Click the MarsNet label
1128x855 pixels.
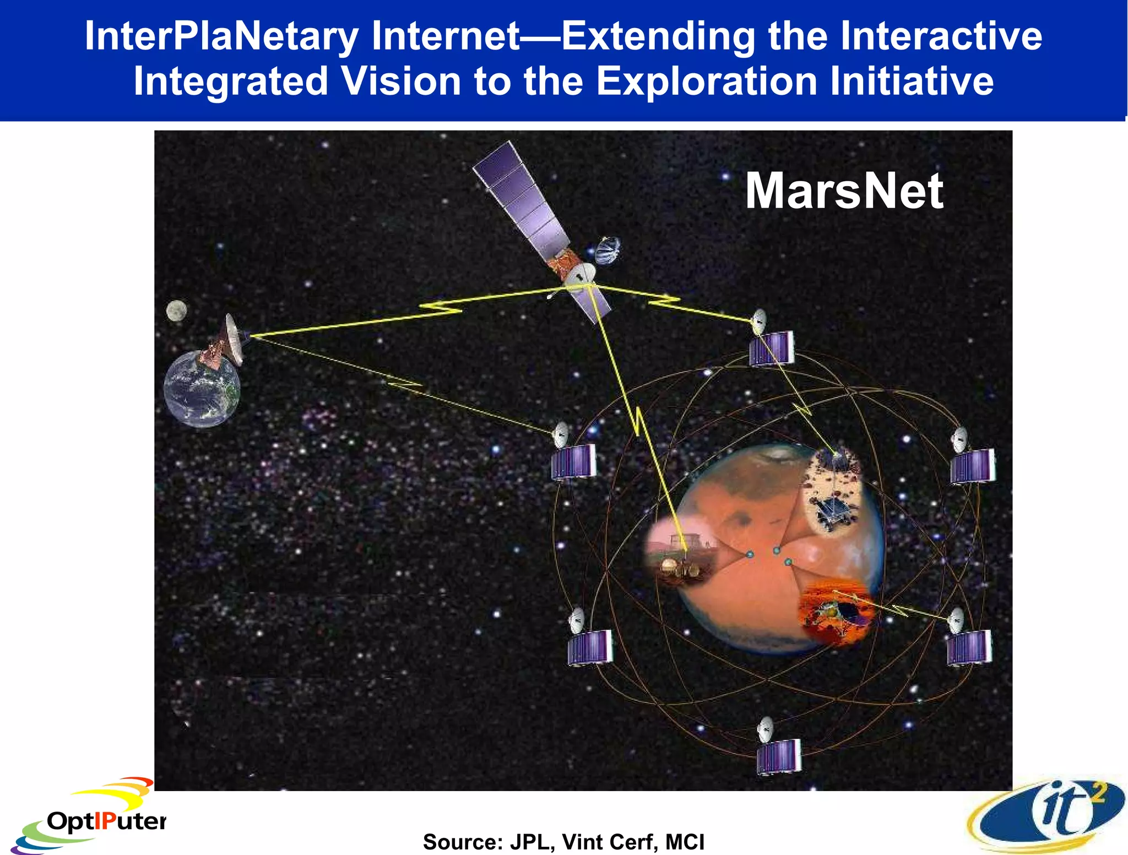[x=844, y=191]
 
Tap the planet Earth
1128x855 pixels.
[x=202, y=389]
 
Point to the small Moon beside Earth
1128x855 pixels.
[x=176, y=311]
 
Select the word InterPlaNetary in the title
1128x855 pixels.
[x=221, y=36]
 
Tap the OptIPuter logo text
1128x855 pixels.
[x=106, y=821]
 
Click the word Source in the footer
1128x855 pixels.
[x=462, y=842]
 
